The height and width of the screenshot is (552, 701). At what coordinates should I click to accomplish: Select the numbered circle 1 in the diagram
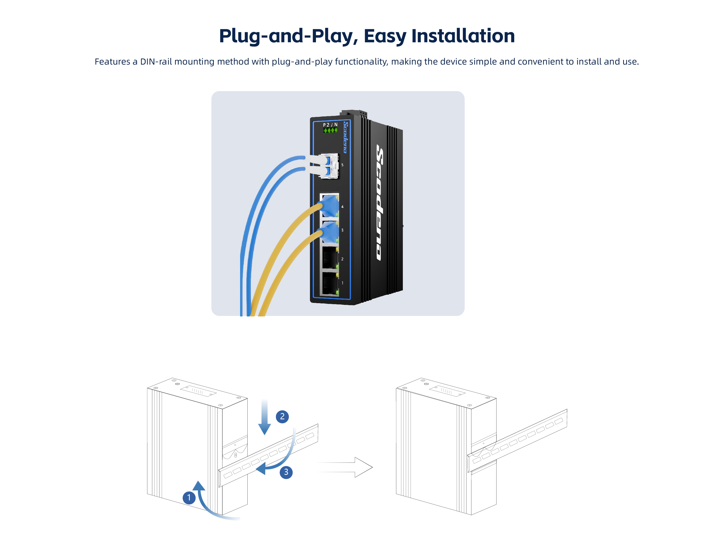click(x=189, y=498)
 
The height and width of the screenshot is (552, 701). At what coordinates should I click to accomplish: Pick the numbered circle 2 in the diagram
click(x=282, y=416)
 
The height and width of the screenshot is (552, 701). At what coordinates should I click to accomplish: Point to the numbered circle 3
click(x=286, y=472)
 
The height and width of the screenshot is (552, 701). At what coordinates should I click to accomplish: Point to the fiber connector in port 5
click(x=327, y=165)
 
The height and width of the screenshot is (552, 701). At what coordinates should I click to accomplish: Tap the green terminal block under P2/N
click(x=330, y=130)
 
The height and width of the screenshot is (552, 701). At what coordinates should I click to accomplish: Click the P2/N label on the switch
click(x=330, y=124)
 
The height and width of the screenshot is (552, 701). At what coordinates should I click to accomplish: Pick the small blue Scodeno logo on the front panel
click(x=346, y=137)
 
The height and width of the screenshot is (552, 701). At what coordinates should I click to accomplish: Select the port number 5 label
click(x=342, y=165)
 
